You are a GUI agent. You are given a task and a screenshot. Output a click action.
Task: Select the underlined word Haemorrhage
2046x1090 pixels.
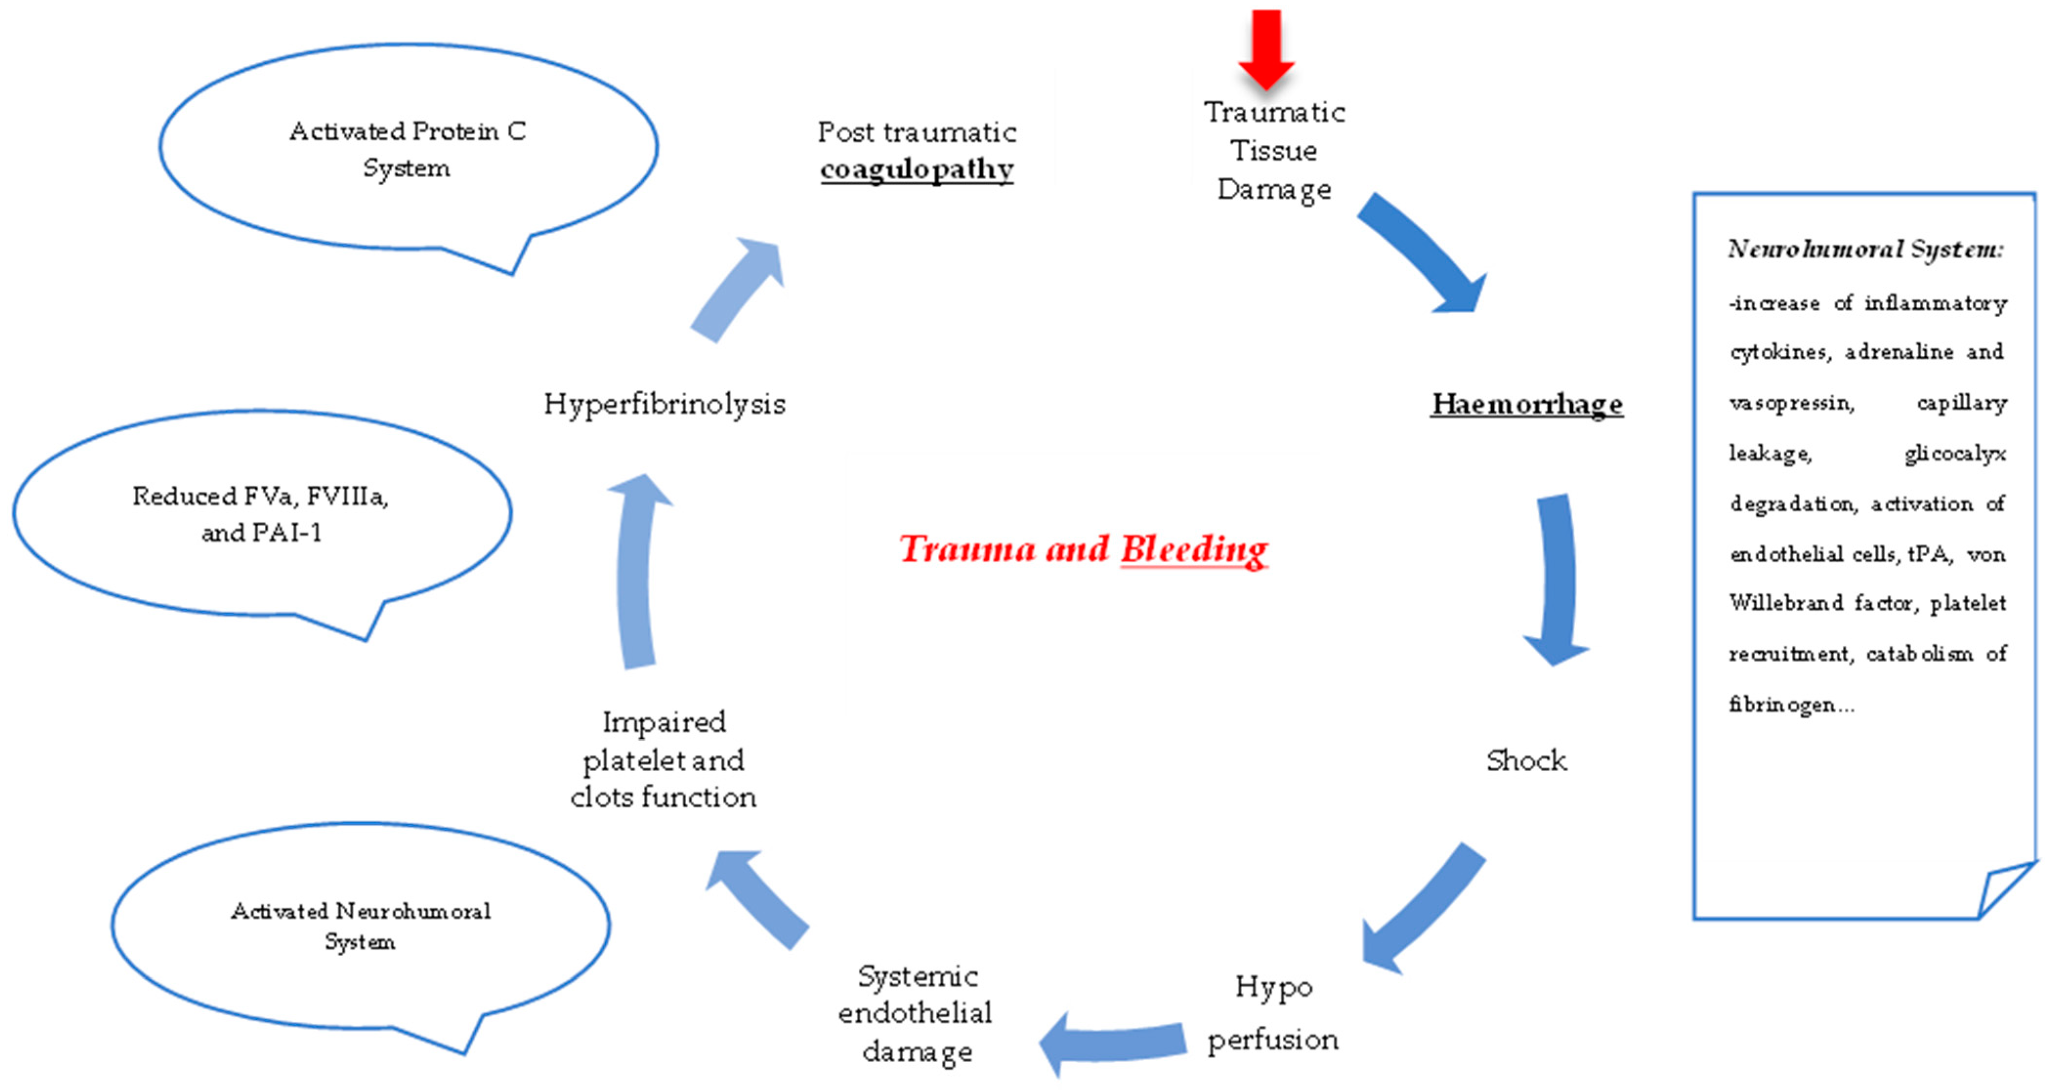[1526, 404]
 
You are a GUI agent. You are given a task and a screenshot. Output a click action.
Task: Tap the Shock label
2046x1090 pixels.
[1526, 760]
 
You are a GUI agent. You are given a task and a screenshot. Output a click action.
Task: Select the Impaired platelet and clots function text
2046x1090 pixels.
[663, 760]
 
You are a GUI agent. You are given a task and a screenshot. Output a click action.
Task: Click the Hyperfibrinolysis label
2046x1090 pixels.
[664, 404]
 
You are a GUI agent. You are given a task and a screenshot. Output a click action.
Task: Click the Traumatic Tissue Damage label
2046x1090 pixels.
[1273, 151]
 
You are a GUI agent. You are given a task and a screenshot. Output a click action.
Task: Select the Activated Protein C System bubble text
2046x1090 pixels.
[407, 149]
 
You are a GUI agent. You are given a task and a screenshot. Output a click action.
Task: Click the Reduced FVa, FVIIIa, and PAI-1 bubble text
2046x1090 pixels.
[260, 514]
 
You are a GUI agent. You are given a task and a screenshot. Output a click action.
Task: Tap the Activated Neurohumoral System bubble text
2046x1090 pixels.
[360, 925]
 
